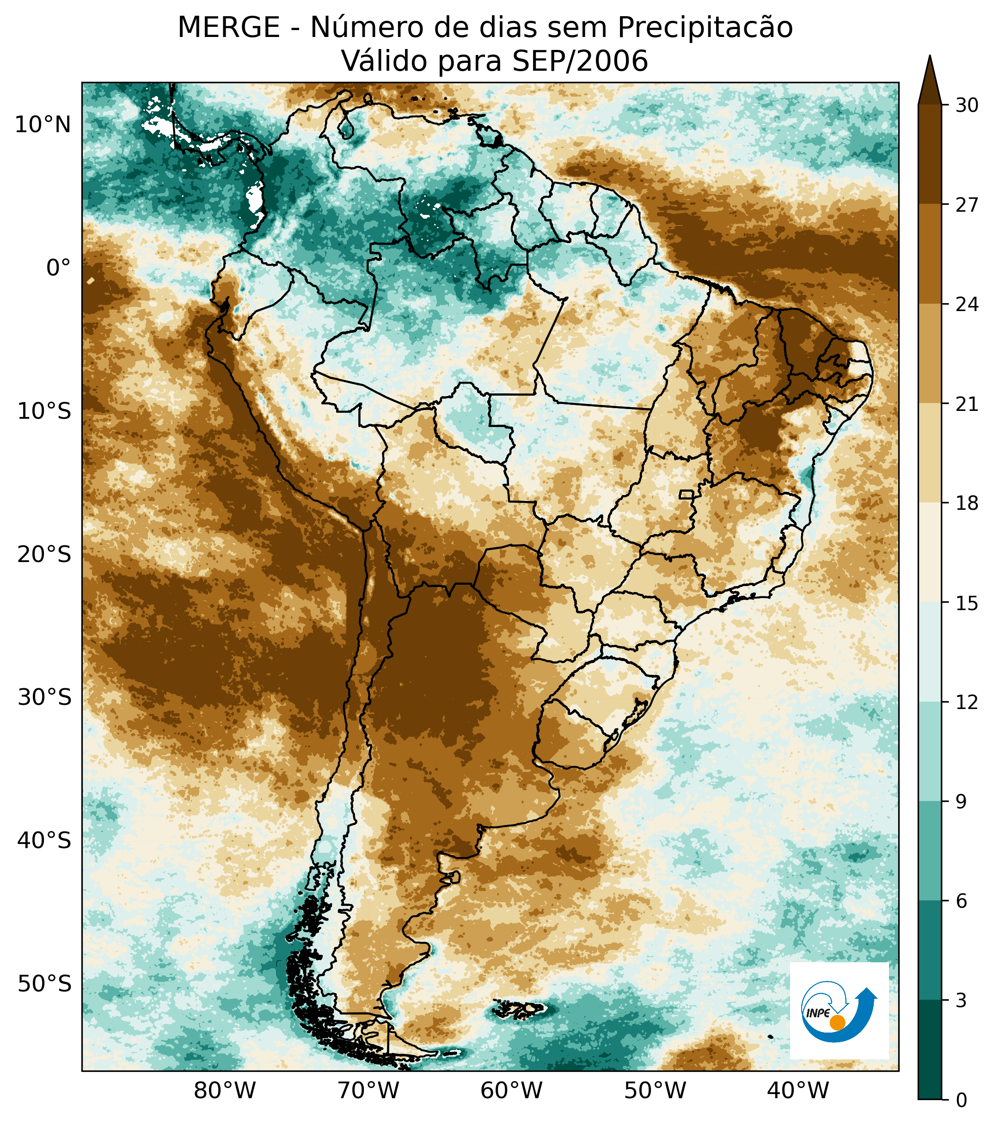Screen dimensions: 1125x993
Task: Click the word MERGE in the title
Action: pos(228,28)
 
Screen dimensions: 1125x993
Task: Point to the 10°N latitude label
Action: pos(43,125)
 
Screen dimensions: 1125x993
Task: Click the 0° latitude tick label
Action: pos(58,268)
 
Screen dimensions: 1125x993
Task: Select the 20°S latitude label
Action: pos(44,554)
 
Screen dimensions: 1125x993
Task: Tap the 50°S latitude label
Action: pos(44,984)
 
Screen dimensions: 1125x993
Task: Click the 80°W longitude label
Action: pos(225,1090)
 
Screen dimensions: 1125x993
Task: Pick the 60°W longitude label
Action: pos(511,1090)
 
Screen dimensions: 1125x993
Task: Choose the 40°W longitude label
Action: pos(797,1090)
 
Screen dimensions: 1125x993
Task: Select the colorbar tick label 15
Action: pos(967,603)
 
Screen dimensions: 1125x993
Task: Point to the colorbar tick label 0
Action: pos(961,1100)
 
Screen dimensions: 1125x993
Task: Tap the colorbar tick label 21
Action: pos(967,404)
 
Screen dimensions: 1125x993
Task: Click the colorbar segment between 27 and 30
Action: pos(930,154)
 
